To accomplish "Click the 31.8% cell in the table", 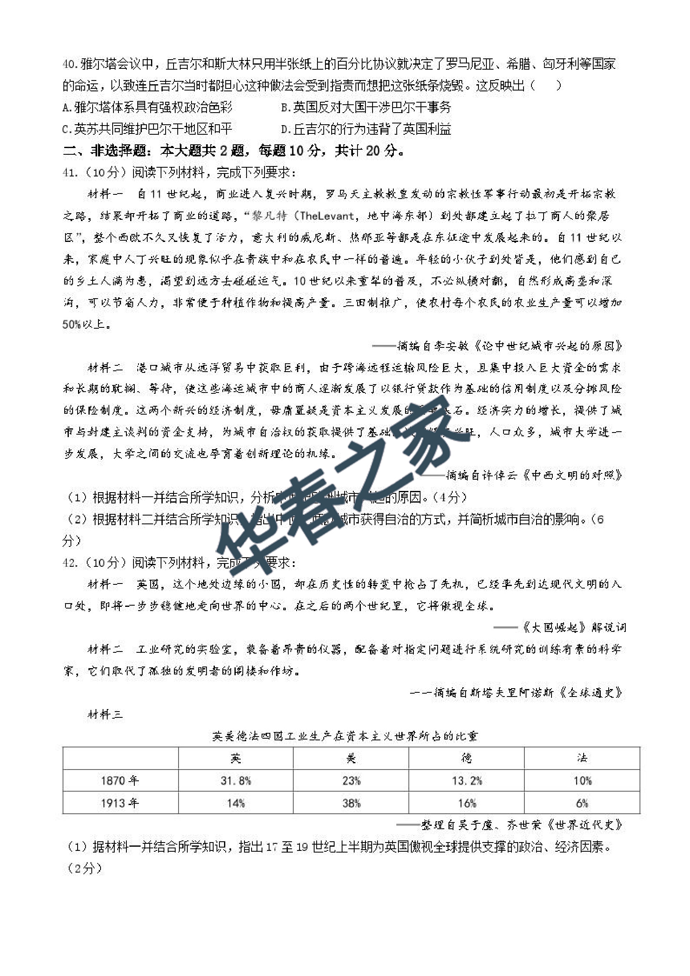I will pos(236,781).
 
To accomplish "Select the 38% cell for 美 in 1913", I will pos(351,803).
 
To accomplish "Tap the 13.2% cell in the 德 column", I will pos(466,781).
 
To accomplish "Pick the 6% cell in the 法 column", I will pos(582,803).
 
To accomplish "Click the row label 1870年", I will pos(120,781).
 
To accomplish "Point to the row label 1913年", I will pos(120,803).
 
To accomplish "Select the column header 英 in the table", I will pos(236,758).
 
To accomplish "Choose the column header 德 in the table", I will pos(466,758).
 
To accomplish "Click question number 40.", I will pos(70,64).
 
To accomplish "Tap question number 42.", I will pos(70,563).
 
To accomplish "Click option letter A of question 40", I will pos(66,108).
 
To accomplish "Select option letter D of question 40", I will pos(285,129).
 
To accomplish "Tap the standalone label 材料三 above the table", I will pos(105,714).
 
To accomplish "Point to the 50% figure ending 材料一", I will pos(71,324).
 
